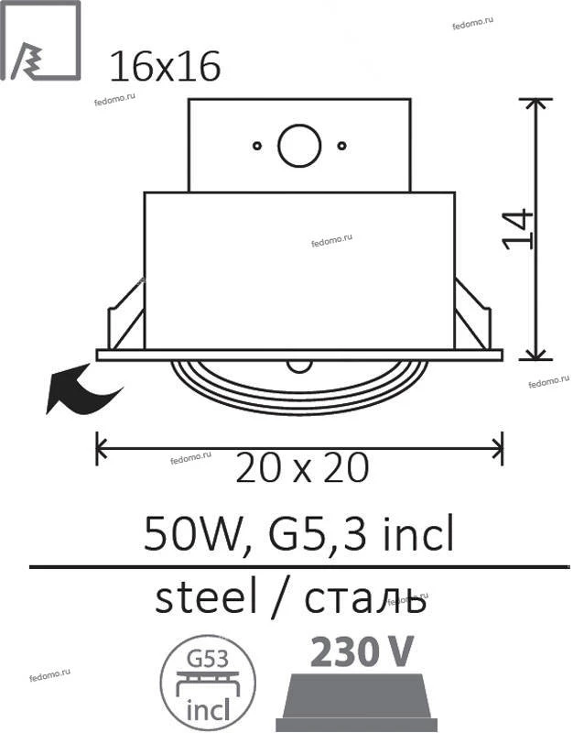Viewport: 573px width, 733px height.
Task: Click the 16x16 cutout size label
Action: [x=165, y=67]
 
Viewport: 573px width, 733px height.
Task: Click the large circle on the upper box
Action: [x=299, y=146]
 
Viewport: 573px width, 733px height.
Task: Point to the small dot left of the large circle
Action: [x=257, y=146]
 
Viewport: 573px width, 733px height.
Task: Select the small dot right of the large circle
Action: [x=341, y=146]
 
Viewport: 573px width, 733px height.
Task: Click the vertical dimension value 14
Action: [x=518, y=229]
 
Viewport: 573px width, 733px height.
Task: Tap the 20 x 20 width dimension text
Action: [x=302, y=467]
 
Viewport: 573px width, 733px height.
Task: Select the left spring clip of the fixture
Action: [x=126, y=314]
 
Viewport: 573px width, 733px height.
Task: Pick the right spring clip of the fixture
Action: [x=472, y=314]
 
